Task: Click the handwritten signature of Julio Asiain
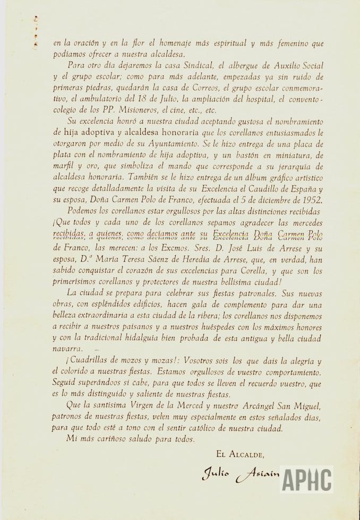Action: pyautogui.click(x=239, y=474)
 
